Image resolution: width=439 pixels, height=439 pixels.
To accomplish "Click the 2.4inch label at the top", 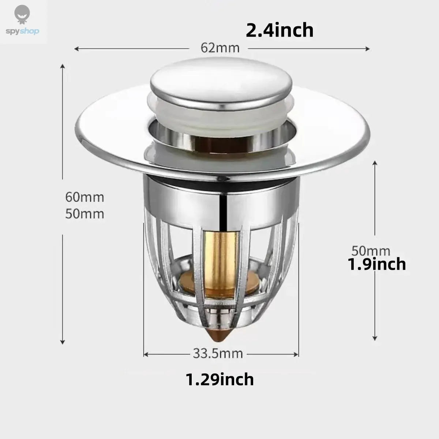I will pos(279,30).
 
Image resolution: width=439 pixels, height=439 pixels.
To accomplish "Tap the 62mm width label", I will pos(220,48).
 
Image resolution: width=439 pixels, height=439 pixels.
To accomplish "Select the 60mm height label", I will pos(85,197).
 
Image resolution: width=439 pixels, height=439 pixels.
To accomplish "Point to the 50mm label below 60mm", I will pos(85,214).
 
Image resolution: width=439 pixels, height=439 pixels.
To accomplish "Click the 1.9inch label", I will pos(377,264).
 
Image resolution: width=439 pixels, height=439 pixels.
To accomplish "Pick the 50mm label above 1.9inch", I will pos(371,251).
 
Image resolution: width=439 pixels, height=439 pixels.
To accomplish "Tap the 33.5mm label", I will pos(218,353).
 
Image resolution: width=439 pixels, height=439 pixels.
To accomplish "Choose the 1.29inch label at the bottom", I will pos(220,379).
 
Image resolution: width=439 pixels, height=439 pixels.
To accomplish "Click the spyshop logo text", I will pos(23,31).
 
